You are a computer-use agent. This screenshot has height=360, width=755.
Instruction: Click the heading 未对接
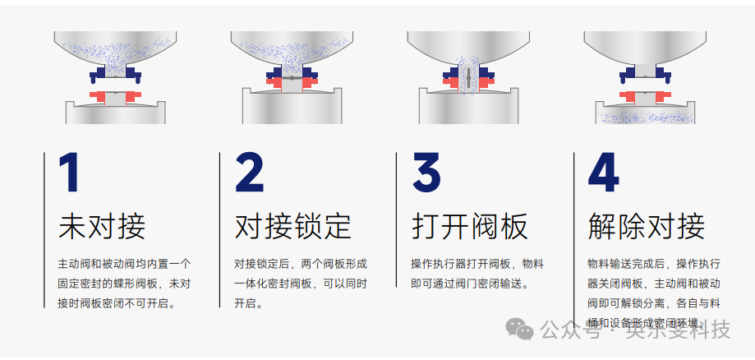[x=102, y=225]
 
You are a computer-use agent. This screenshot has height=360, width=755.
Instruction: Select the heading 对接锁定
[x=292, y=225]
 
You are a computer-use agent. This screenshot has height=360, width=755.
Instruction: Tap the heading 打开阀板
[x=469, y=225]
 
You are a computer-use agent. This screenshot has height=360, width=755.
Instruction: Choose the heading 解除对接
[x=646, y=225]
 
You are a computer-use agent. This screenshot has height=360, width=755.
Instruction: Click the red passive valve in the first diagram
[x=114, y=98]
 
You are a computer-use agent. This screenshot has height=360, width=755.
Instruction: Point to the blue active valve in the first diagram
[x=114, y=76]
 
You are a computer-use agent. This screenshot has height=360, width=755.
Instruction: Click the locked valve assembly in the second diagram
[x=292, y=79]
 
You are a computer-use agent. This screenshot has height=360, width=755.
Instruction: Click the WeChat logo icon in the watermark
[x=519, y=330]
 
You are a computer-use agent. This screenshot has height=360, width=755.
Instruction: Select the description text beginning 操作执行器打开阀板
[x=476, y=274]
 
